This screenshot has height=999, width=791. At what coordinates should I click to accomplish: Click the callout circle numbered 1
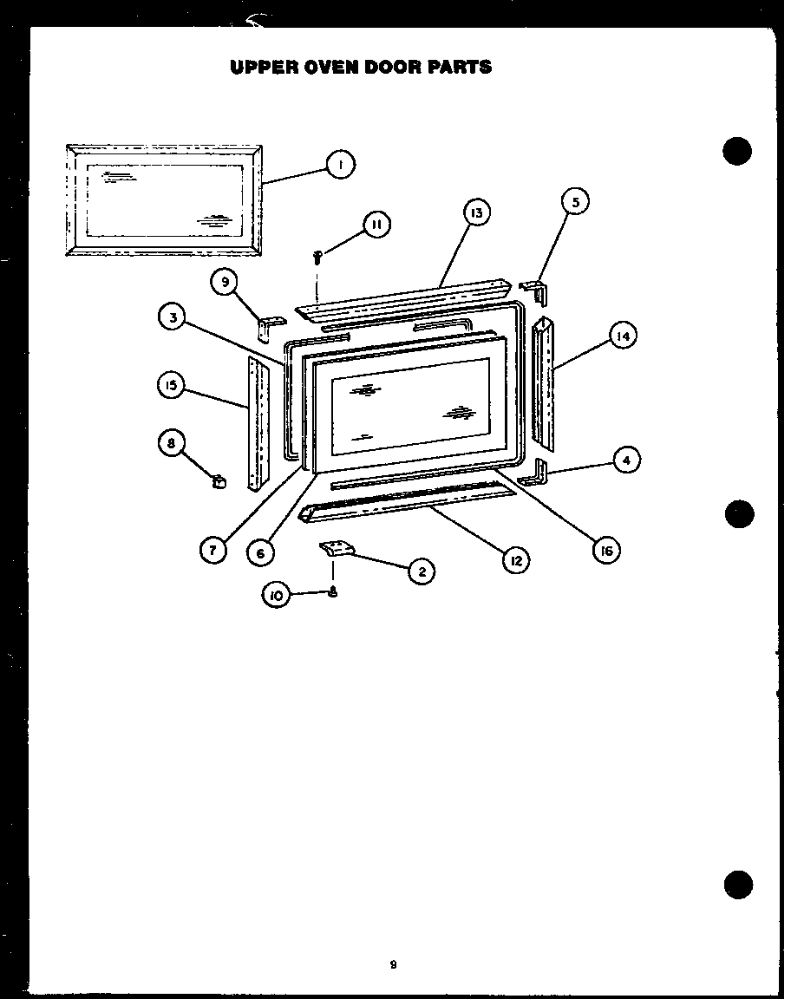pos(341,164)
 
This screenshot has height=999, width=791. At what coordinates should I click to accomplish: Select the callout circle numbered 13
pos(476,212)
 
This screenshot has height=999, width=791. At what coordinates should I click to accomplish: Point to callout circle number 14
pos(622,336)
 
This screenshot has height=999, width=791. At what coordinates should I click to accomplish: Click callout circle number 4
pos(626,460)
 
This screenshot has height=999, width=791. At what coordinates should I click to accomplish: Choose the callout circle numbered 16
pos(607,549)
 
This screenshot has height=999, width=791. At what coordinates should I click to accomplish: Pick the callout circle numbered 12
pos(515,560)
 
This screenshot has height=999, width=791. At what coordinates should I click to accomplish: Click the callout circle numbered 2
pos(421,571)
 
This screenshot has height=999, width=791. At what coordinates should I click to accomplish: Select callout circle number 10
pos(277,596)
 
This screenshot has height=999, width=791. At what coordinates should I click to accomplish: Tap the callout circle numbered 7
pos(212,550)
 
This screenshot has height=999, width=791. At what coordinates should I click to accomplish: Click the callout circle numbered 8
pos(172,442)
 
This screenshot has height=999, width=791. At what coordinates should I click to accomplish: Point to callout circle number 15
pos(172,384)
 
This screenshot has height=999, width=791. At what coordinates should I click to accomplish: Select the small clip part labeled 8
pos(218,479)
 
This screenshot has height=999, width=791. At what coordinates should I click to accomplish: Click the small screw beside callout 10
pos(332,593)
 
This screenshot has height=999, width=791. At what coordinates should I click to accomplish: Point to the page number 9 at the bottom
pos(394,964)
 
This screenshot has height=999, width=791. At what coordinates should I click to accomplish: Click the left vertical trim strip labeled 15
pos(258,423)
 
